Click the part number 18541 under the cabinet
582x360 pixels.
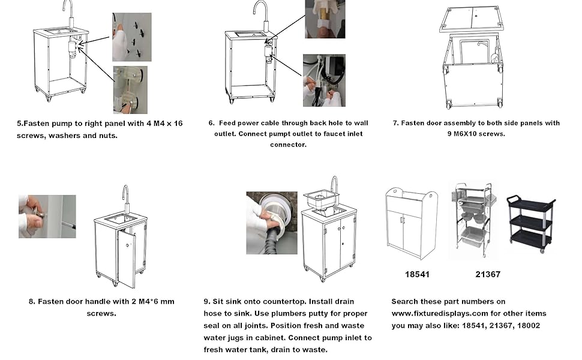coord(417,274)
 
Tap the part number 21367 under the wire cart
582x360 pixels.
coord(488,274)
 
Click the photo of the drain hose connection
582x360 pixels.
coord(272,223)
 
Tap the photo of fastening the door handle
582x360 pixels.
coord(47,217)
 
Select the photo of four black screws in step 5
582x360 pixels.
coord(132,37)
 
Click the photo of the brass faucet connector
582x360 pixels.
coord(325,19)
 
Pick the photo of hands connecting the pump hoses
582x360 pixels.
coord(324,80)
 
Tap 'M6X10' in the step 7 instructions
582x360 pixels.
coord(466,134)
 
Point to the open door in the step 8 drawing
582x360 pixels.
coord(127,258)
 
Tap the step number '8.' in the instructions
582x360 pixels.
coord(32,301)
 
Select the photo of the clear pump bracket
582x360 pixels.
coord(130,90)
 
